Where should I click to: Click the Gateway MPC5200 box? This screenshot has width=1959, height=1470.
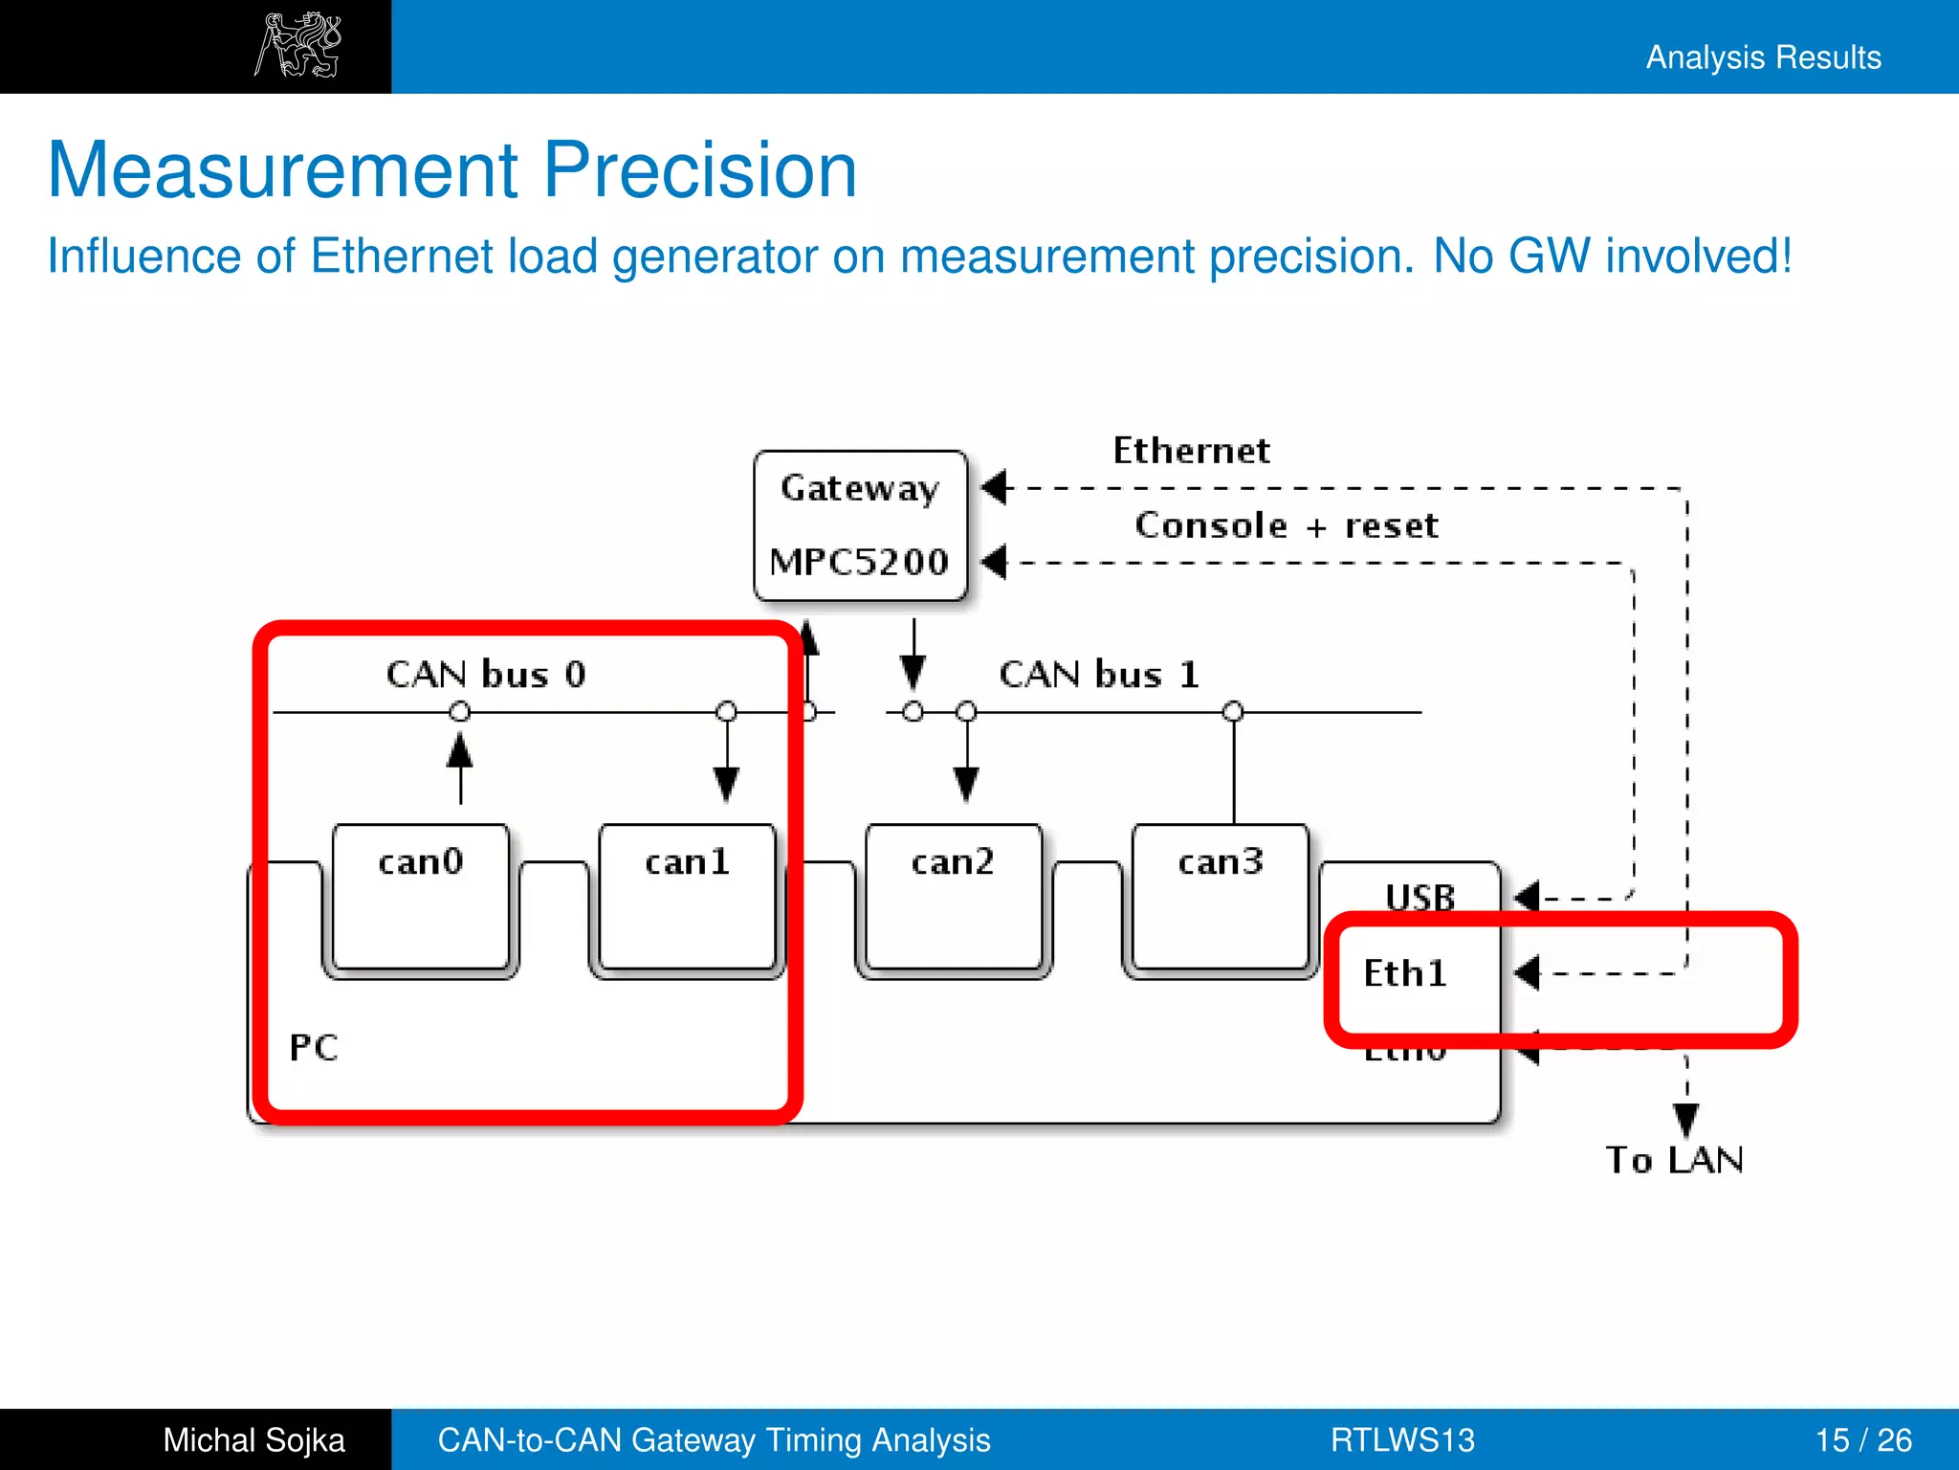click(x=860, y=525)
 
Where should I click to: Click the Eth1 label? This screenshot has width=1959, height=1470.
click(x=1404, y=973)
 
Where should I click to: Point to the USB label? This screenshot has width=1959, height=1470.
click(x=1420, y=897)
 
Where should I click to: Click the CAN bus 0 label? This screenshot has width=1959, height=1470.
click(x=486, y=675)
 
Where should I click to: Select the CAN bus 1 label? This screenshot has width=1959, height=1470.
click(x=1099, y=675)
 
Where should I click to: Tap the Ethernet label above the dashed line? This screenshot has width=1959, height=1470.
click(x=1191, y=451)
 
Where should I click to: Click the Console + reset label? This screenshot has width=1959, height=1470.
click(x=1286, y=525)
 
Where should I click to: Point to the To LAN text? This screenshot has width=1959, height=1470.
click(x=1674, y=1160)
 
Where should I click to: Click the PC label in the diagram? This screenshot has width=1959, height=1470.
click(x=314, y=1048)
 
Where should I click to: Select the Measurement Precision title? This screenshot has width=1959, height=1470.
click(x=452, y=170)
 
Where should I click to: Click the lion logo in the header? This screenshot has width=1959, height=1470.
click(x=298, y=45)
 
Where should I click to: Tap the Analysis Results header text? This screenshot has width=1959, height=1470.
click(x=1763, y=57)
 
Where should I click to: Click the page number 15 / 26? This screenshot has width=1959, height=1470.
click(x=1862, y=1439)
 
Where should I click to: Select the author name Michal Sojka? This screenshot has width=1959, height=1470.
click(x=253, y=1439)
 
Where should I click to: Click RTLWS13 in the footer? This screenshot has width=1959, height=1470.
click(x=1402, y=1439)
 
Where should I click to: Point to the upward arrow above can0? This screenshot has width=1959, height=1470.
click(x=460, y=766)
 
